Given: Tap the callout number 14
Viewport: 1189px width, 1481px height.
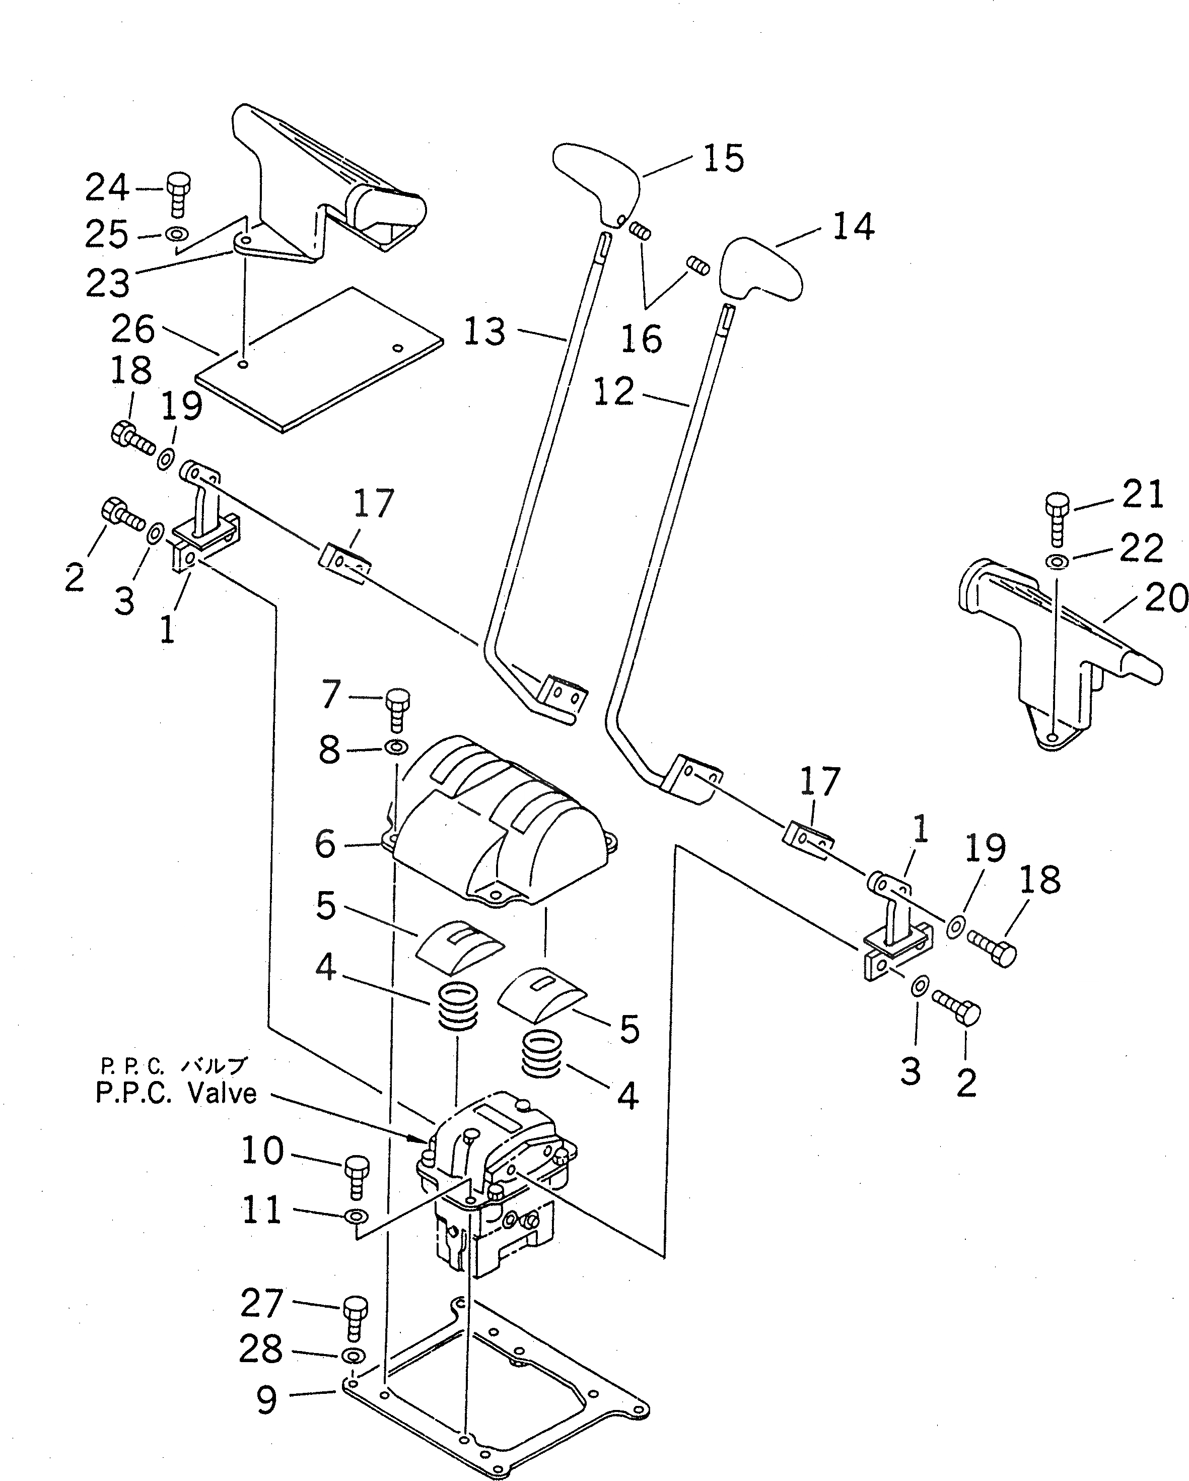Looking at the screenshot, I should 853,226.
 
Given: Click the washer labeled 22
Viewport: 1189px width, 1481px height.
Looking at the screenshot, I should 1057,562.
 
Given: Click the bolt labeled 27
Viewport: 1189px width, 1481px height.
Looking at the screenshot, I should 355,1316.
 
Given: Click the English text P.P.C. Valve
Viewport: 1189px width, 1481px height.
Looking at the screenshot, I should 176,1093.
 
